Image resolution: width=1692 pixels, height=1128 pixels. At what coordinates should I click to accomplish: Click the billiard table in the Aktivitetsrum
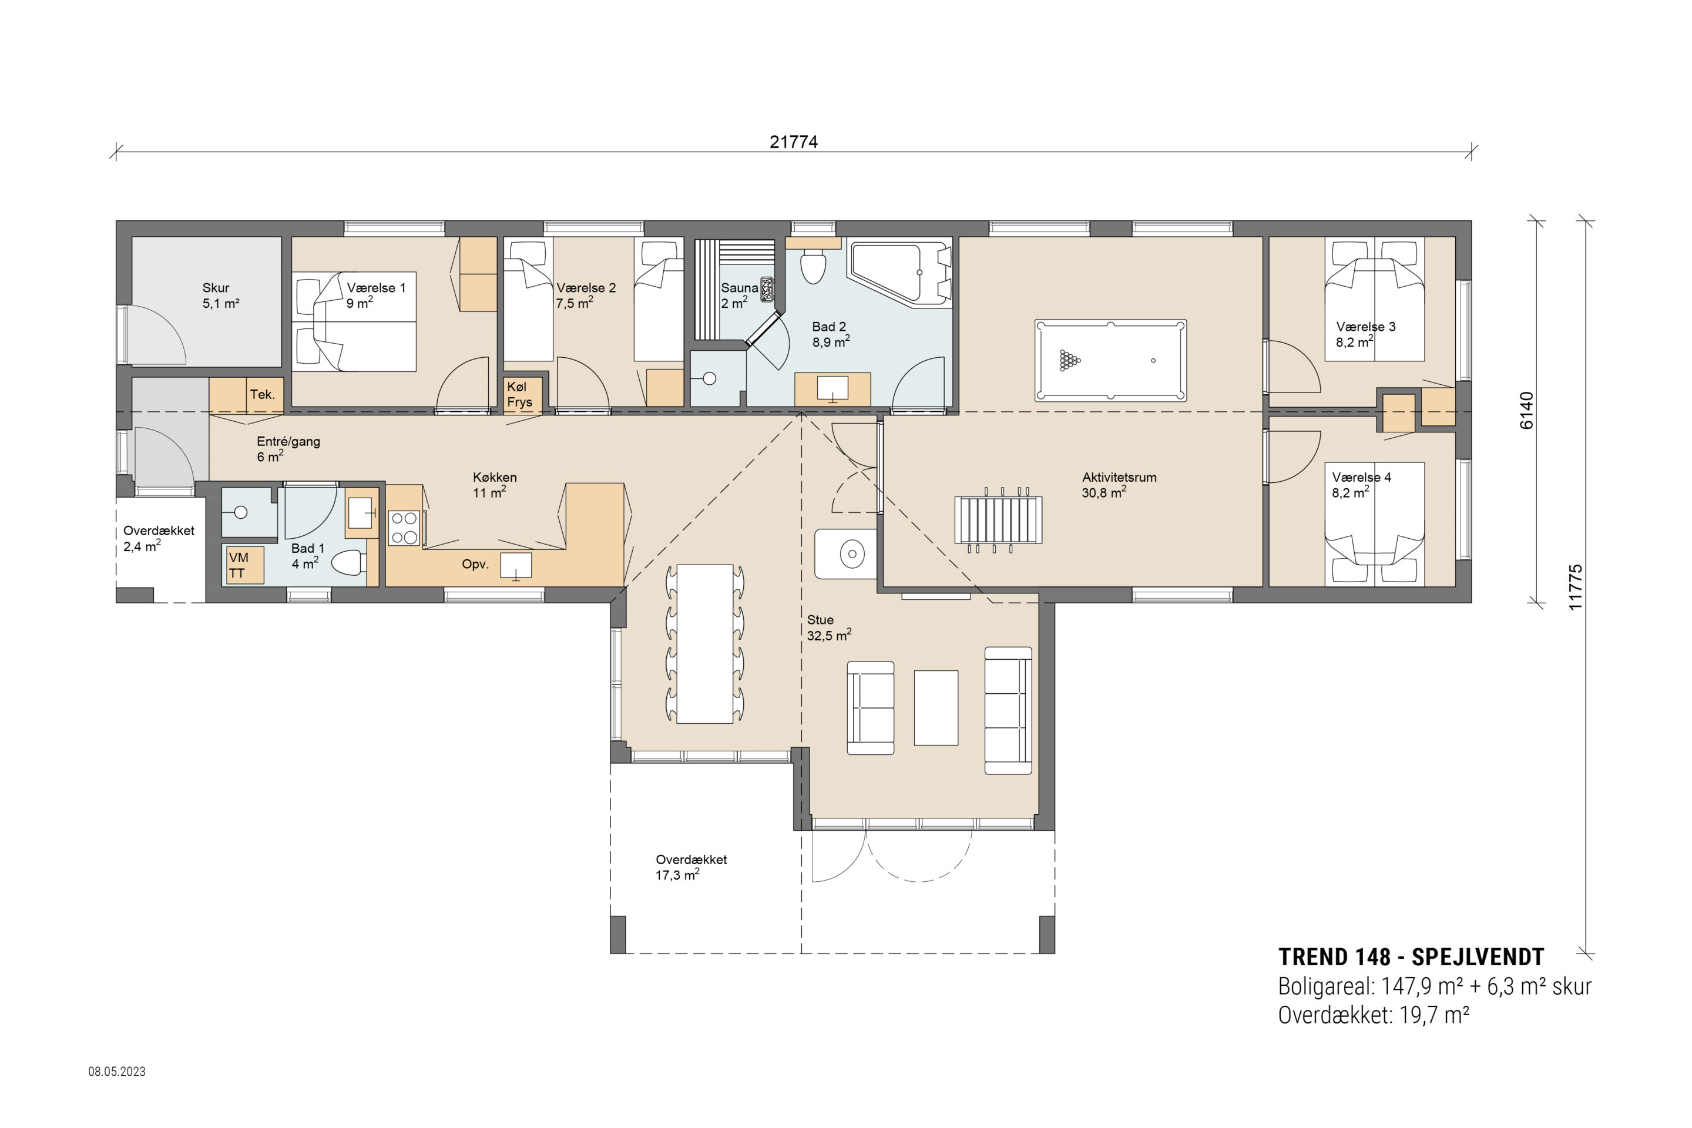[x=1110, y=360]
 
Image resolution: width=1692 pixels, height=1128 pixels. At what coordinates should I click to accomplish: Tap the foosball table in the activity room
[x=997, y=519]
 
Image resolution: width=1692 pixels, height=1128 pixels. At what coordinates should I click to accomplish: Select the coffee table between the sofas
[x=936, y=707]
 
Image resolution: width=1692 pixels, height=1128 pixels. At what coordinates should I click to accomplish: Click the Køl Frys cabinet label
[x=519, y=394]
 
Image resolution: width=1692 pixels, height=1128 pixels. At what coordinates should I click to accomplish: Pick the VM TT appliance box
[x=244, y=565]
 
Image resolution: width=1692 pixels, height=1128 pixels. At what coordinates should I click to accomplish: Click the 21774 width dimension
[x=794, y=142]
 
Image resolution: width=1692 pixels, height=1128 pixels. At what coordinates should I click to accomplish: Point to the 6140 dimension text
[x=1526, y=410]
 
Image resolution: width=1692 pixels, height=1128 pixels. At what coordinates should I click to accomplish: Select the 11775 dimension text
[x=1576, y=587]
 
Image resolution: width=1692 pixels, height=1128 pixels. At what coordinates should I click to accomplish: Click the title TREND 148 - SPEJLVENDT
[x=1411, y=957]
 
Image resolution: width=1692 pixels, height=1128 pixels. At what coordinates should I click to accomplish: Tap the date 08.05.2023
[x=116, y=1071]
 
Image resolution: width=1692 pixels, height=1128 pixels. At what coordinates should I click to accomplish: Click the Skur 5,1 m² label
[x=220, y=296]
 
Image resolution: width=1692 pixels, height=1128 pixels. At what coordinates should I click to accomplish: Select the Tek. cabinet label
[x=262, y=394]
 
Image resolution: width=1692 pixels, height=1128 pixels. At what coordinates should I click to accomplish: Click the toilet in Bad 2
[x=814, y=266]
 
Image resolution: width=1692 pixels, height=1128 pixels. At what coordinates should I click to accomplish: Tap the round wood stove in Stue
[x=852, y=554]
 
